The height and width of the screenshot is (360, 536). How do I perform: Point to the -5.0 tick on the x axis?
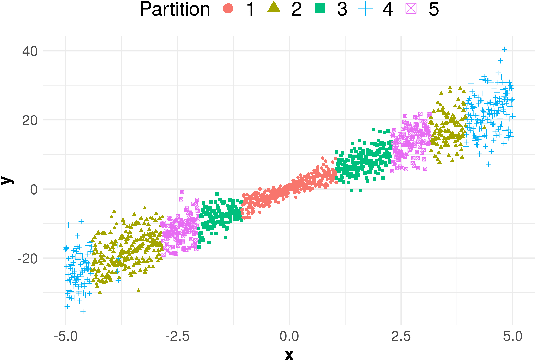(x=66, y=335)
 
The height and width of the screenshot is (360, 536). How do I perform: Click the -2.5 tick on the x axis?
(x=178, y=335)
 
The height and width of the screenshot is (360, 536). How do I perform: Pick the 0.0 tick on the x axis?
(x=290, y=335)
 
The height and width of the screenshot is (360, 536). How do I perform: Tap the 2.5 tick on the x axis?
(x=402, y=335)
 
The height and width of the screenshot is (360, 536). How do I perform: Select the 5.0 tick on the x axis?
(x=513, y=335)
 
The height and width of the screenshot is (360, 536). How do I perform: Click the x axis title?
(x=289, y=353)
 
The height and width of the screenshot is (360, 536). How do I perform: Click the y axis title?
(x=8, y=180)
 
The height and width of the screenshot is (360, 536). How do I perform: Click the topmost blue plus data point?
(x=505, y=49)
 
